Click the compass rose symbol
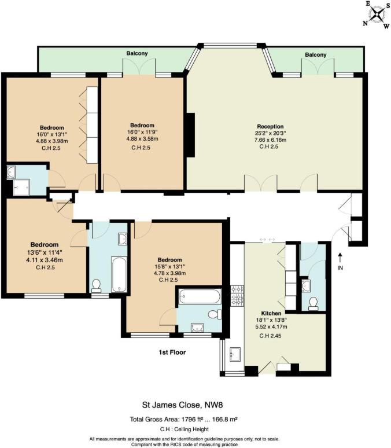point(377,14)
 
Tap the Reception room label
point(270,126)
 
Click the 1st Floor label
point(171,352)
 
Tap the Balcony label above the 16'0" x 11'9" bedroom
point(138,54)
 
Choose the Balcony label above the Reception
point(315,54)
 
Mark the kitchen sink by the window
point(235,353)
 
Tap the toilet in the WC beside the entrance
point(313,303)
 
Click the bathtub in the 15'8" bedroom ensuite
point(200,297)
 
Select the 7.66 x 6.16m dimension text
point(270,140)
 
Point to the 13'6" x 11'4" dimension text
point(43,252)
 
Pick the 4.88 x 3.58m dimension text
point(142,139)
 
